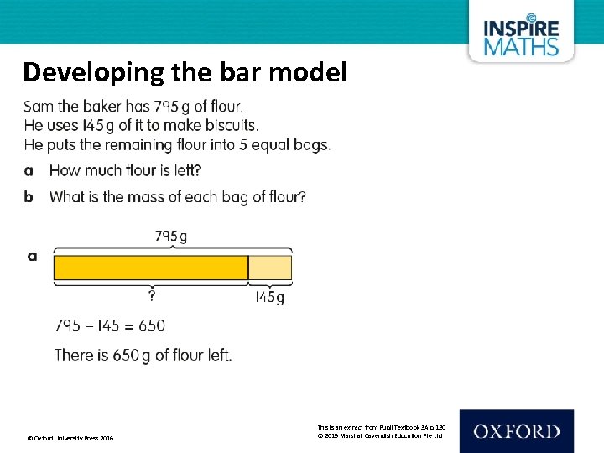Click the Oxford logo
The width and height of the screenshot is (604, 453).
516,432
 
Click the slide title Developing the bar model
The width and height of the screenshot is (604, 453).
185,72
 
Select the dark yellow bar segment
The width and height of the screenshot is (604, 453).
151,268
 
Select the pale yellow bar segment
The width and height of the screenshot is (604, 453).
270,268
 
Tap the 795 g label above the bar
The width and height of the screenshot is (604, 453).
171,236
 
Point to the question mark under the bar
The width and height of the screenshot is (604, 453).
152,296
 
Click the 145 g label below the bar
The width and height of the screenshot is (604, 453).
269,297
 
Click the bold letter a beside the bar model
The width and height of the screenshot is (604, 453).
32,256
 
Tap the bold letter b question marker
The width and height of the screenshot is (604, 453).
29,197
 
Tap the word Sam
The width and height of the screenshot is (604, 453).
38,107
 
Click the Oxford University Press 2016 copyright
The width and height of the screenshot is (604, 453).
71,439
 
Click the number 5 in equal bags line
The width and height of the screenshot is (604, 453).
247,144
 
